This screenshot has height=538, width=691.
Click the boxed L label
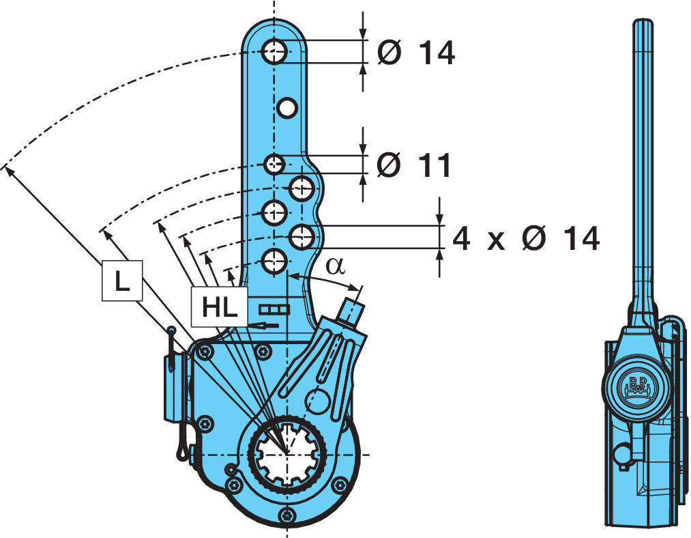pyautogui.click(x=122, y=281)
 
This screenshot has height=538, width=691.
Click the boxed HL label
pyautogui.click(x=220, y=307)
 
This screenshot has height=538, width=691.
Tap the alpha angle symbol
pyautogui.click(x=336, y=266)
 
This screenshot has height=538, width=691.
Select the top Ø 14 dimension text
pyautogui.click(x=416, y=53)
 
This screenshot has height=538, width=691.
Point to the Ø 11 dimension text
pyautogui.click(x=414, y=165)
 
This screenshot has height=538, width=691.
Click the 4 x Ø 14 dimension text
pyautogui.click(x=526, y=238)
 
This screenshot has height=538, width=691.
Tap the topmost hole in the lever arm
pyautogui.click(x=274, y=52)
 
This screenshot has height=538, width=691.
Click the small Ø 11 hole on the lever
pyautogui.click(x=274, y=165)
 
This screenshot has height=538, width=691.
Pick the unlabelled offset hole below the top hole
pyautogui.click(x=287, y=107)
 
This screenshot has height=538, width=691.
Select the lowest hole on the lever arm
pyautogui.click(x=274, y=261)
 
